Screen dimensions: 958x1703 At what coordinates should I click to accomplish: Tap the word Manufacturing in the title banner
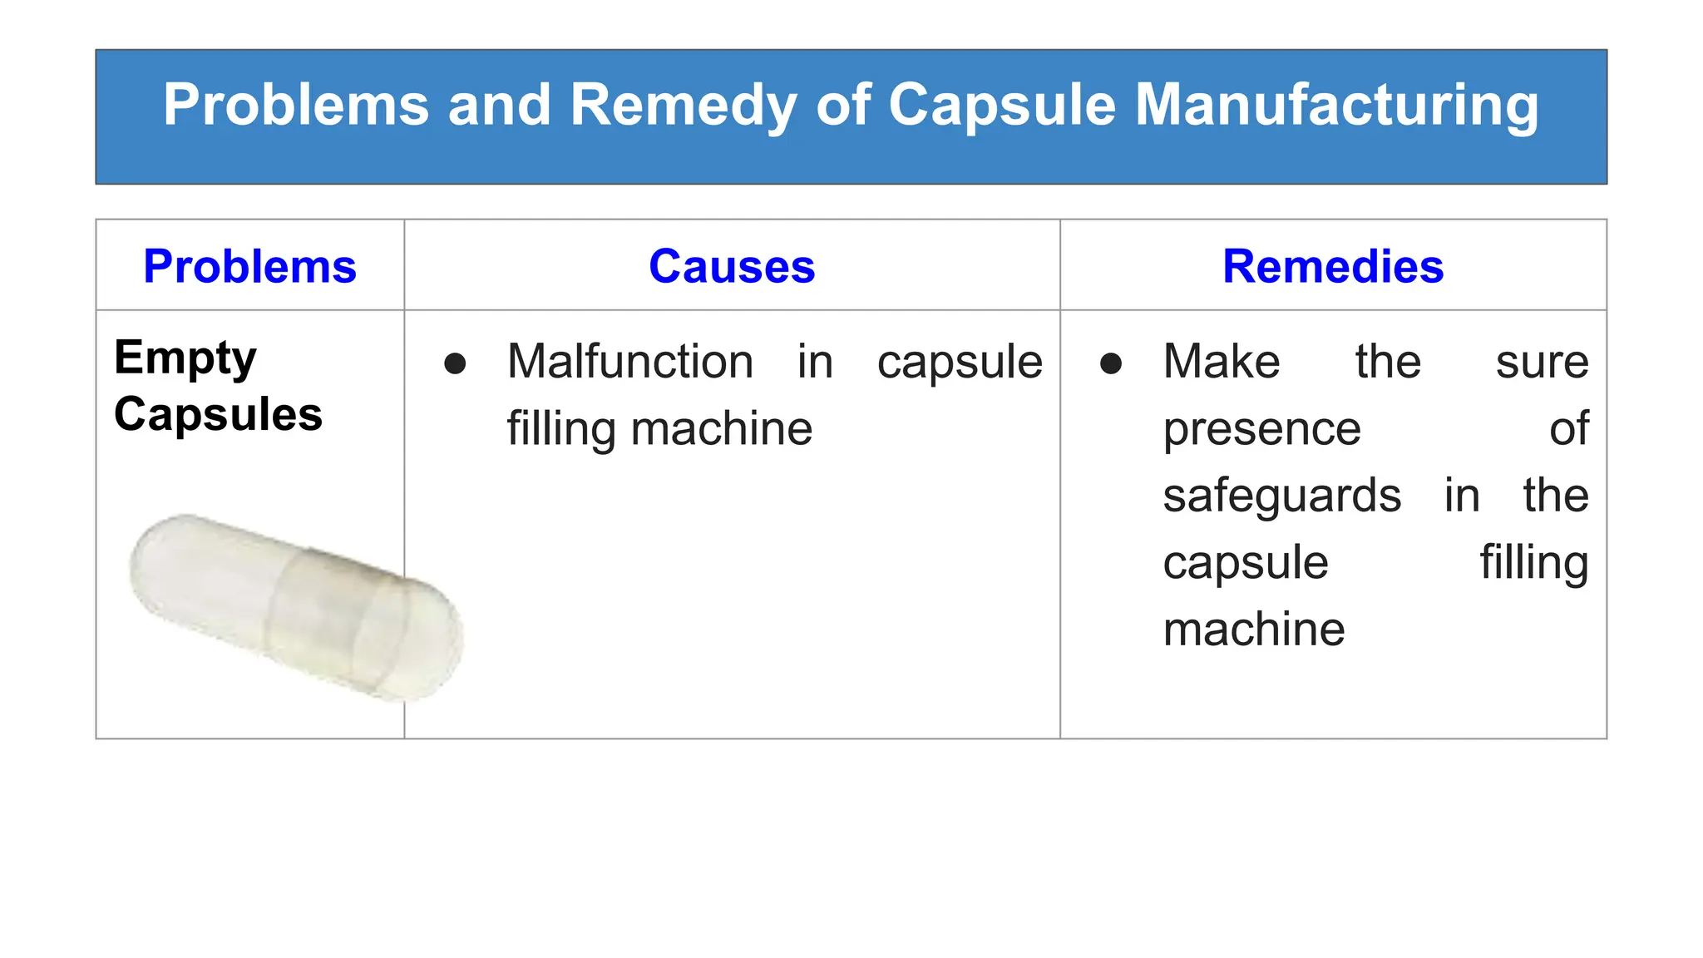[1336, 106]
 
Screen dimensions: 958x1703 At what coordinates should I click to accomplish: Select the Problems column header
[249, 267]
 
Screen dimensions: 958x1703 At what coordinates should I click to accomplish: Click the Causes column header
[732, 267]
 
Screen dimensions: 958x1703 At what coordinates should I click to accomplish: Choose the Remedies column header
[1333, 267]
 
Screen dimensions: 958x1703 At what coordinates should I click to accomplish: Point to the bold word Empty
[185, 358]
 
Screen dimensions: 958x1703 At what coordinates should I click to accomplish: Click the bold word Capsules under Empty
[218, 414]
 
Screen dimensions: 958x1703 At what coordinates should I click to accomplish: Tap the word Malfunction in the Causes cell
[630, 362]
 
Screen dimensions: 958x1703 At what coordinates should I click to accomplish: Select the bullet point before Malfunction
[455, 363]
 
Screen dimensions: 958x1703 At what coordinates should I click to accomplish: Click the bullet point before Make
[1111, 363]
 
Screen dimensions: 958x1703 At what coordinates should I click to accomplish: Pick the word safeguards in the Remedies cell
[1281, 496]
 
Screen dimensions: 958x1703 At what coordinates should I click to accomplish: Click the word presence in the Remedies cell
[1261, 429]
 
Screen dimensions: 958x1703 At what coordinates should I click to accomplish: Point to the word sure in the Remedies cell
[1542, 363]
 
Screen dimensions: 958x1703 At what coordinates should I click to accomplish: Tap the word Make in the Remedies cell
[1221, 362]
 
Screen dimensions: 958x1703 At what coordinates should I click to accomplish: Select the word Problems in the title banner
[295, 106]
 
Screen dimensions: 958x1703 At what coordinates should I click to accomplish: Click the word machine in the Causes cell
[721, 429]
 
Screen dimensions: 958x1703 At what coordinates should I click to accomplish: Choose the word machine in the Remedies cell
[1253, 630]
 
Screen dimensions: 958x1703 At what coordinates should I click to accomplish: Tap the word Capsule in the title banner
[1001, 106]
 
